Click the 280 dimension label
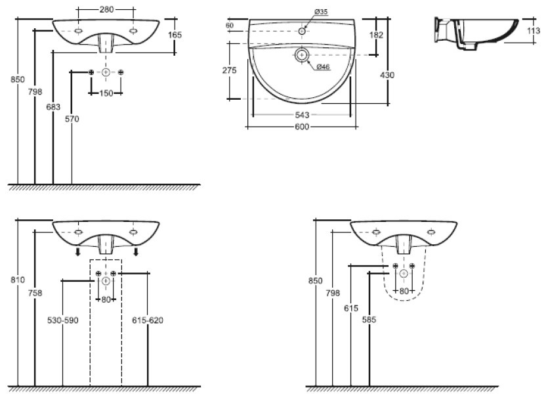coord(108,9)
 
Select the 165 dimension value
coord(174,34)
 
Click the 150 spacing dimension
coord(106,93)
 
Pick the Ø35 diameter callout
coord(322,11)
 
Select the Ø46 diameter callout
coord(322,66)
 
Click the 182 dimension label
coord(376,34)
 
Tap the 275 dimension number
coord(229,71)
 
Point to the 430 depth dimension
coord(387,75)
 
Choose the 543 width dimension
coord(303,115)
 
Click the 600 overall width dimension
coord(302,126)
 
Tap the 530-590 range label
coord(63,320)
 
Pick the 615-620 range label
coord(148,320)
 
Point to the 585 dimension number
coord(369,320)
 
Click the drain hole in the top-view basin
coord(302,56)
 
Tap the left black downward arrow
coord(77,252)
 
